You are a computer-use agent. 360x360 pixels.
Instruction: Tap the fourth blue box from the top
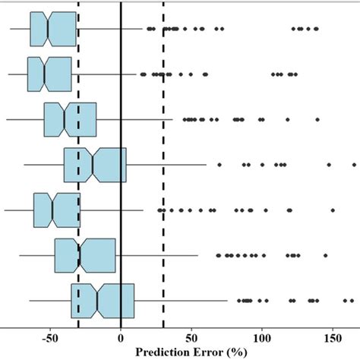[95, 164]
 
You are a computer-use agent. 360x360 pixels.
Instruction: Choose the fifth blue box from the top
[56, 210]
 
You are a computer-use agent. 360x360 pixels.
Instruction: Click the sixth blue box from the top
[85, 255]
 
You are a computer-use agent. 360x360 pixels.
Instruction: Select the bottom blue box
[103, 301]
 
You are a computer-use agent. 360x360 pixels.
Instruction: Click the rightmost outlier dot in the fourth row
[354, 164]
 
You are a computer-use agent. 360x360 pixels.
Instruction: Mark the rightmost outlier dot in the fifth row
[333, 210]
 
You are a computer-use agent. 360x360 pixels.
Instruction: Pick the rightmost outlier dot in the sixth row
[325, 255]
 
